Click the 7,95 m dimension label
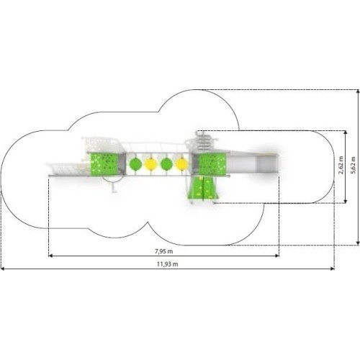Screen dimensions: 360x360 [x=164, y=251]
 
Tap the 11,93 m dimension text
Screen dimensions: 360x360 [x=168, y=264]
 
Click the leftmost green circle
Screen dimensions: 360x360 [x=136, y=164]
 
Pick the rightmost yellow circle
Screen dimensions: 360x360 [x=181, y=164]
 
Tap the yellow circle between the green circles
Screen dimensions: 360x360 [x=151, y=164]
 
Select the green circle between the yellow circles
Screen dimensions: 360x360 [x=166, y=164]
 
